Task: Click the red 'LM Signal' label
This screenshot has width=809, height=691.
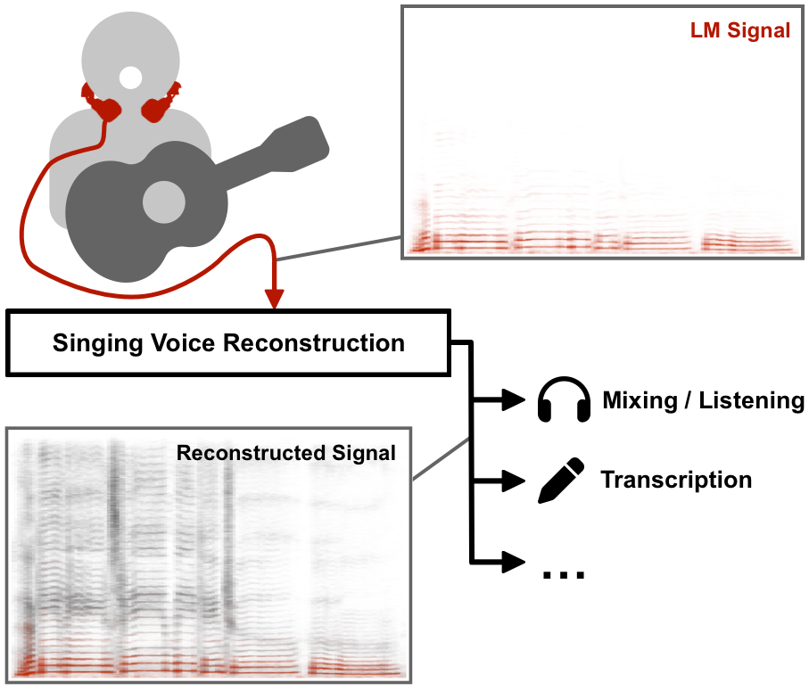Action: pos(739,30)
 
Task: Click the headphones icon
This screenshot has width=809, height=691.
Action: pos(565,400)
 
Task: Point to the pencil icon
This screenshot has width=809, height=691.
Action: pos(561,481)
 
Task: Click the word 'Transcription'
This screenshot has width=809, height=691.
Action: pos(676,481)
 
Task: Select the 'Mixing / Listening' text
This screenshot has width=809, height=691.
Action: pos(703,400)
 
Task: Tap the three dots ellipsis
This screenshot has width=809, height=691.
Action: pos(564,573)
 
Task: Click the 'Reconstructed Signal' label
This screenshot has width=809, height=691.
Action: pos(285,453)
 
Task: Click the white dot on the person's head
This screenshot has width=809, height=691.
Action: pos(130,78)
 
